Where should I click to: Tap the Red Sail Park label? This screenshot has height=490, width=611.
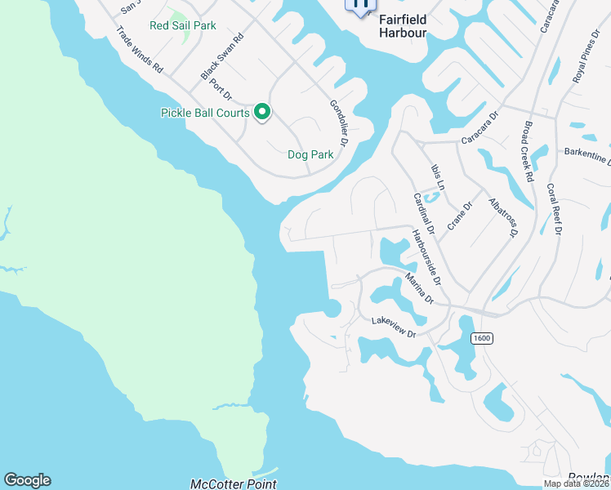point(183,25)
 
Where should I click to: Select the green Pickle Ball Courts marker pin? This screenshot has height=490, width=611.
point(262,112)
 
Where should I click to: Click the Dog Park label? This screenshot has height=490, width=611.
point(310,154)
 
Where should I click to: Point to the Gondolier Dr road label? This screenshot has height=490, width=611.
point(339,122)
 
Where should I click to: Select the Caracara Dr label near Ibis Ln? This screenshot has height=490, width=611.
point(479,131)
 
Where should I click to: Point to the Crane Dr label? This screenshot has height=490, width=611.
point(461,217)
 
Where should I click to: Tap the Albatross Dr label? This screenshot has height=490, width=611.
point(503,218)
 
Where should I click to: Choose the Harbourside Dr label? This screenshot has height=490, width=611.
point(426,257)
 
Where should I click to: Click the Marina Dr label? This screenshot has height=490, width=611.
point(418,290)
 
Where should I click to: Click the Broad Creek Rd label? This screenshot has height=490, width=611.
point(528,153)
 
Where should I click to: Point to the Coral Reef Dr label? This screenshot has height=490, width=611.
point(554,207)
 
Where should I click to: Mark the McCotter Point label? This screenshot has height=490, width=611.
point(233,483)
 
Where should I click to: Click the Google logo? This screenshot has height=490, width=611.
point(27,480)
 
